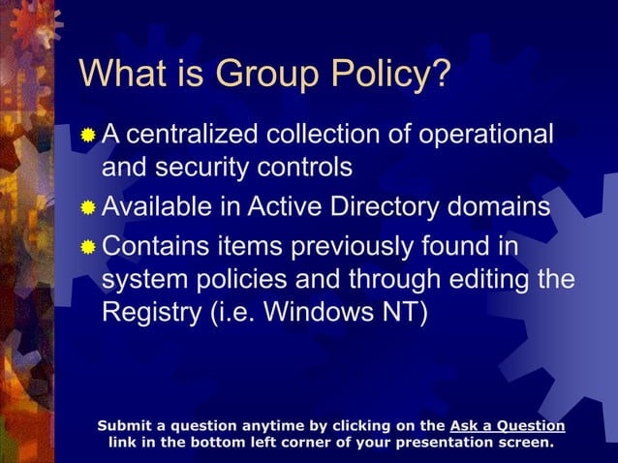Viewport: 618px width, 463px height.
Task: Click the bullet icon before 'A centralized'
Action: [x=88, y=136]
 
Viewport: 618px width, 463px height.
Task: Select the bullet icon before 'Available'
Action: [x=88, y=209]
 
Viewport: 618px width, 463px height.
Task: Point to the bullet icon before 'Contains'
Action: [x=88, y=247]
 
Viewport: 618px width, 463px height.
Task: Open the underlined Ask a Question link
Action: [x=508, y=425]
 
